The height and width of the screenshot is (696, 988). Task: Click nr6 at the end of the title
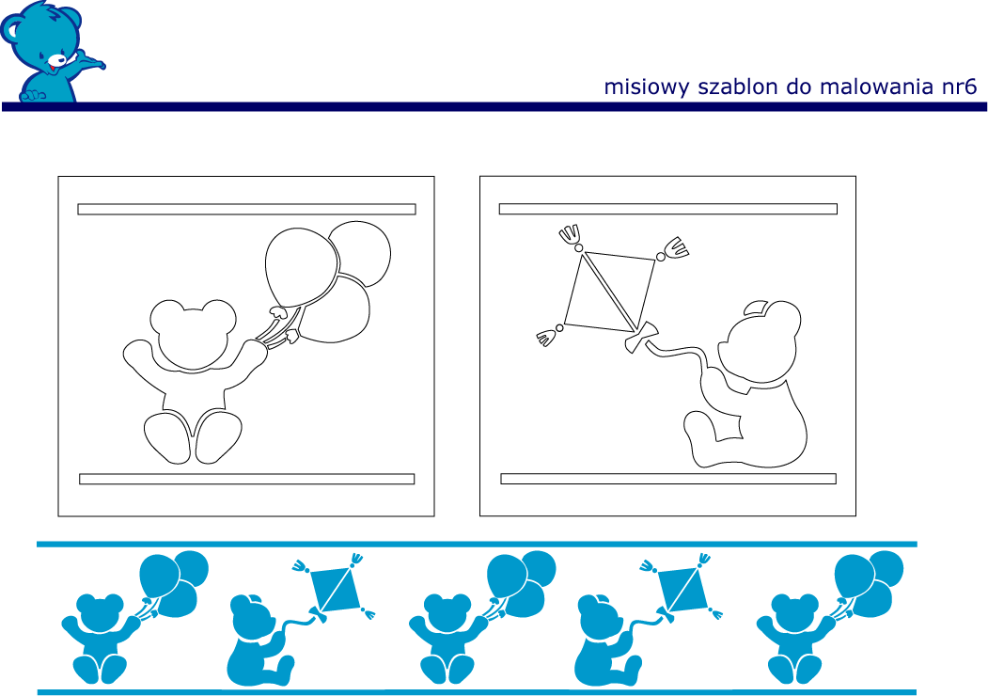point(959,87)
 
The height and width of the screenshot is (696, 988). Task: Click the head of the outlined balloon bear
point(193,334)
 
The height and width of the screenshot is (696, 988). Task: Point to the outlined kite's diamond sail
point(609,291)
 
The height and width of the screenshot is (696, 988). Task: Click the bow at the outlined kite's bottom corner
point(641,337)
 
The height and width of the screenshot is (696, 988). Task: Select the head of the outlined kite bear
point(762,342)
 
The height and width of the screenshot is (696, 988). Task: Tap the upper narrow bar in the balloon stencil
point(246,210)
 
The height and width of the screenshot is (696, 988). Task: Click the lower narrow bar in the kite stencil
point(667,479)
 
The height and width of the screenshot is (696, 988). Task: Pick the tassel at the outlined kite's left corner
point(549,336)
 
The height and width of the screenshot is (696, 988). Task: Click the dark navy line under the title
point(494,107)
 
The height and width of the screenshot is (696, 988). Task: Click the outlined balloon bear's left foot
point(167,437)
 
